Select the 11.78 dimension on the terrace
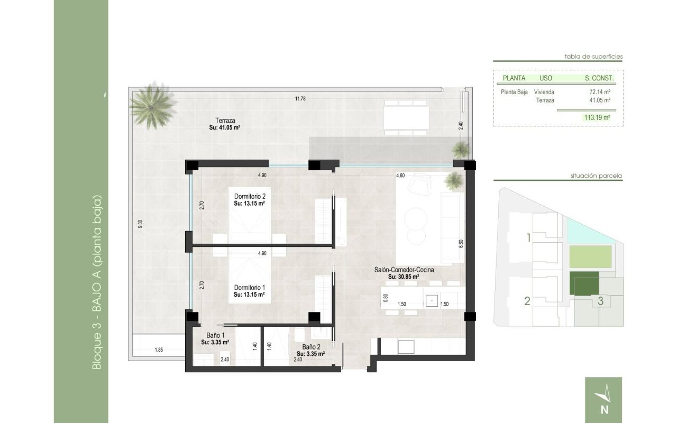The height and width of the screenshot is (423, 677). point(300,98)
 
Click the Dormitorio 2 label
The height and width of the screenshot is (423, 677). point(249,196)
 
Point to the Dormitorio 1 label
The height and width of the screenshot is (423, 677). point(249,288)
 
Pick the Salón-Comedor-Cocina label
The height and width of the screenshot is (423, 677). point(404,270)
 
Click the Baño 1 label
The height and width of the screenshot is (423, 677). point(216,335)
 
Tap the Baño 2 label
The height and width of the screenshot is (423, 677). point(305,347)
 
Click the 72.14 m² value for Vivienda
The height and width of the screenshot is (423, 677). point(600,91)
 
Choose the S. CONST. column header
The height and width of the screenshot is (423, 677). point(599,78)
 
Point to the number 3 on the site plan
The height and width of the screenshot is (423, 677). point(600,302)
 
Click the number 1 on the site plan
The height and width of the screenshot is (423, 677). point(528,238)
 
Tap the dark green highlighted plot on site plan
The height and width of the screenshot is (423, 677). point(584,283)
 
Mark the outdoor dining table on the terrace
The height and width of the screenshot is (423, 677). point(406,117)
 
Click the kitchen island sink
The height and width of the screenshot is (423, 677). point(433,300)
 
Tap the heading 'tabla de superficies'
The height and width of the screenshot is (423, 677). point(593,56)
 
